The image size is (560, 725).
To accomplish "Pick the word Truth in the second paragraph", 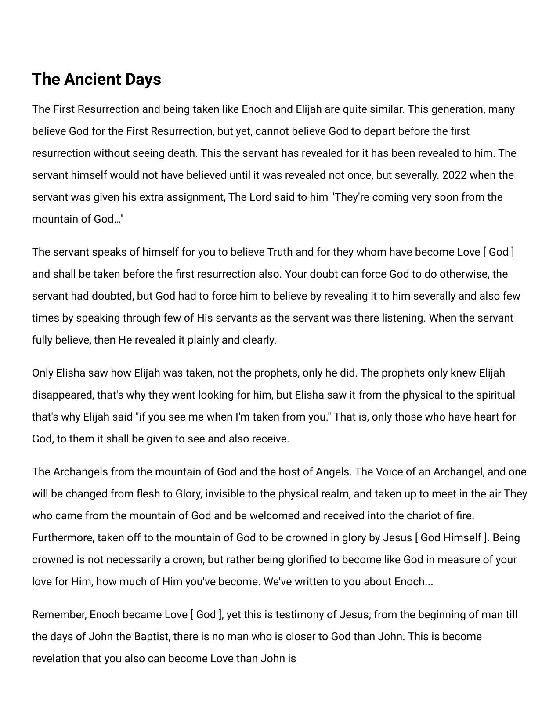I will point(280,252).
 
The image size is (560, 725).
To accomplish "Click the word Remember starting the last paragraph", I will point(59,615).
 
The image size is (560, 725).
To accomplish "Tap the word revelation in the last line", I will point(56,659).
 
